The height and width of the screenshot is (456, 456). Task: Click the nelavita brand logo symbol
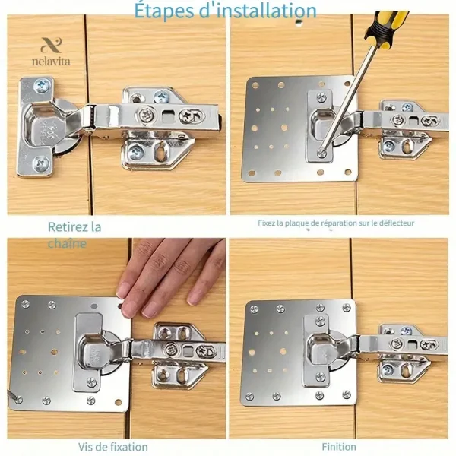coord(51,45)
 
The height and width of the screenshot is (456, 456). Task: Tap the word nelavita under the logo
coord(51,62)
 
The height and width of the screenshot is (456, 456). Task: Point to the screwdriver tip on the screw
coord(321,151)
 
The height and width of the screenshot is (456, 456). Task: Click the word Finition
coord(339,447)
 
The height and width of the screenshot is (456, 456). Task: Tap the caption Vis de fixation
coord(112,447)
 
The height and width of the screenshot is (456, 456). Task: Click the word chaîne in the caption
coord(67,243)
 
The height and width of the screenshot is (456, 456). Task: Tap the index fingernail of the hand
coord(124,290)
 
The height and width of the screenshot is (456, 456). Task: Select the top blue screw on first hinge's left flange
coord(41,86)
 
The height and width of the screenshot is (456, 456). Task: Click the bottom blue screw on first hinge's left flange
coord(41,164)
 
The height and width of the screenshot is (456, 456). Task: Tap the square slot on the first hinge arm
coord(166,117)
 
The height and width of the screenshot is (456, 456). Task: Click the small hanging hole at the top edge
coord(299,22)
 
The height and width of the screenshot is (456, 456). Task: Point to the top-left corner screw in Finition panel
coord(254,309)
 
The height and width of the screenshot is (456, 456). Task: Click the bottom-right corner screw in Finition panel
coord(347,394)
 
